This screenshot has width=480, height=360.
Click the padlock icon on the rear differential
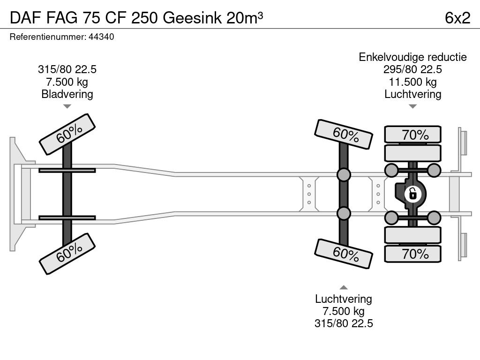[x=412, y=193]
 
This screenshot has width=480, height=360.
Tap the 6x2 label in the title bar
[x=457, y=18]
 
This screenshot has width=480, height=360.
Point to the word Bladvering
[x=67, y=94]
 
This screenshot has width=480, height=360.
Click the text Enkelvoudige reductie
[x=412, y=57]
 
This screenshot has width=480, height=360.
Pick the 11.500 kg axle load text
[x=412, y=82]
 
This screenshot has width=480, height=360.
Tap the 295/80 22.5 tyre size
[x=412, y=70]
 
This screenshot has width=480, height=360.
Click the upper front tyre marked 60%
[x=67, y=134]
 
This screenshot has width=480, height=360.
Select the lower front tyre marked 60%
[x=67, y=254]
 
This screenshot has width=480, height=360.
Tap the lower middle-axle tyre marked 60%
[x=344, y=254]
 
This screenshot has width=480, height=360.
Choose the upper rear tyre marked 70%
[x=412, y=135]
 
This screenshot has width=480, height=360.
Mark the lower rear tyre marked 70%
[x=412, y=254]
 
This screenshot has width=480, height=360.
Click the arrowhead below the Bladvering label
[x=67, y=106]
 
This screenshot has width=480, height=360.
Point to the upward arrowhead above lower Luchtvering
[x=344, y=287]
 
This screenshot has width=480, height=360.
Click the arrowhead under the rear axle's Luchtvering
[x=412, y=106]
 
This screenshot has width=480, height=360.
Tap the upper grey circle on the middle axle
[x=344, y=175]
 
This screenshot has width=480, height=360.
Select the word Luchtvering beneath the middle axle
[x=344, y=299]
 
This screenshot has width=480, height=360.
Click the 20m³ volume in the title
[x=244, y=18]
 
